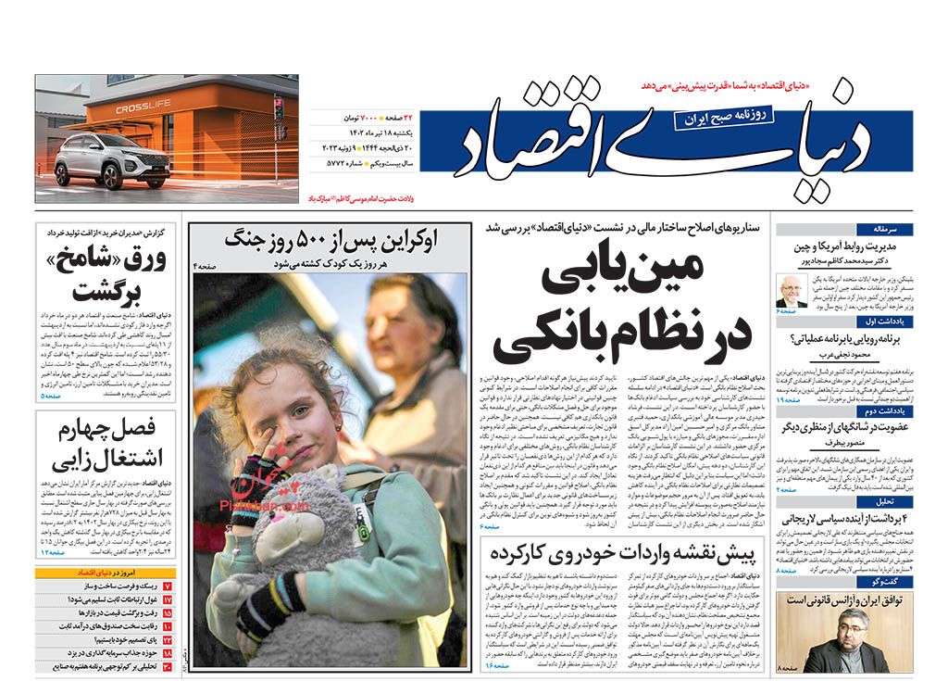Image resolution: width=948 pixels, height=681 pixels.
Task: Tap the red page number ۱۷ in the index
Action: (168, 600)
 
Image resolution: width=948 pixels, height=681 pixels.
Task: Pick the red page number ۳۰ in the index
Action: (168, 666)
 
